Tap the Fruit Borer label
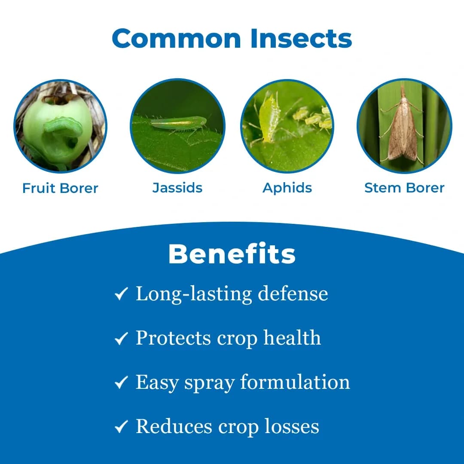click(x=60, y=188)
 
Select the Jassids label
click(x=177, y=188)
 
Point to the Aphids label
click(x=287, y=188)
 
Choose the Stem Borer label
click(x=404, y=188)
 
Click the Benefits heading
click(x=232, y=254)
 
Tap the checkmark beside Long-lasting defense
click(x=121, y=294)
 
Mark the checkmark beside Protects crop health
click(x=121, y=339)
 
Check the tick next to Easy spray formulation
click(x=121, y=382)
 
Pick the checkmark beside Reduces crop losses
click(x=121, y=427)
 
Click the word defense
click(x=293, y=294)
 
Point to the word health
click(x=292, y=338)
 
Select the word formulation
click(x=295, y=382)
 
